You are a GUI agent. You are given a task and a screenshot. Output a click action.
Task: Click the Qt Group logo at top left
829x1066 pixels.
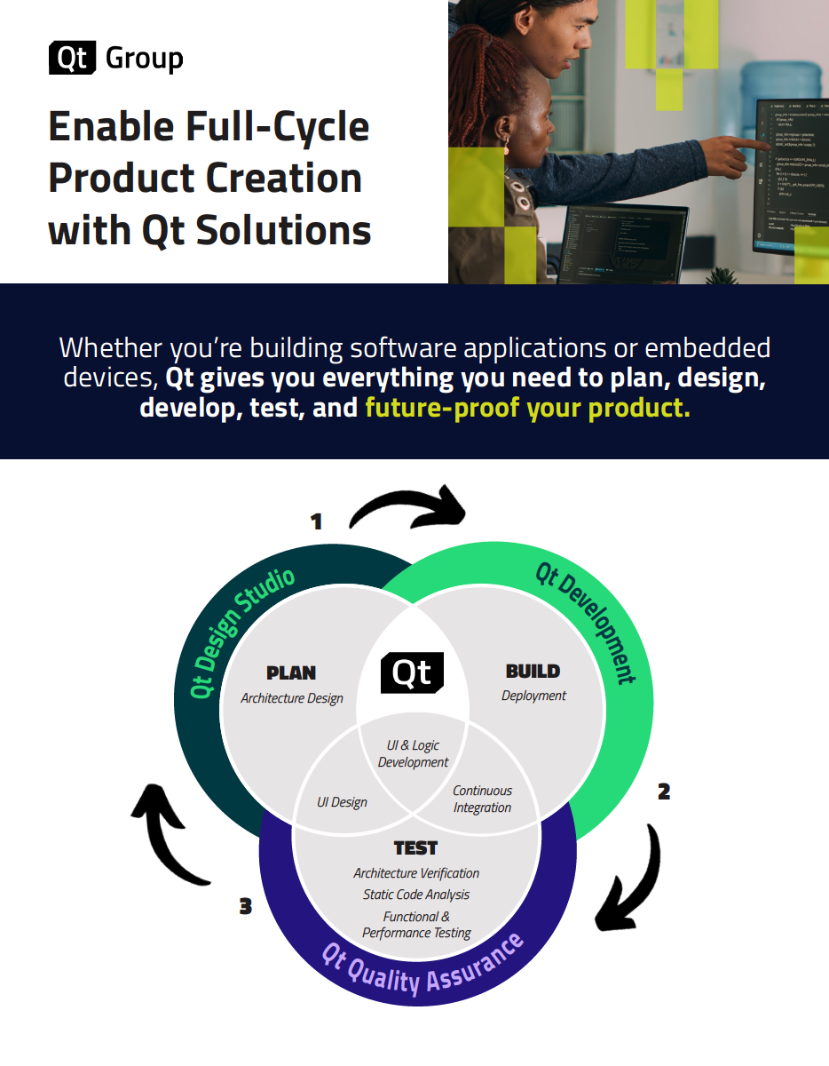click(115, 59)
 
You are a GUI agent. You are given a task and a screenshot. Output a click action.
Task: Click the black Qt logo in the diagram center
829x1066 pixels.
click(412, 673)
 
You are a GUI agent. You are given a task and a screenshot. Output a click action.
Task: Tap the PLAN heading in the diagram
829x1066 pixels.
click(291, 672)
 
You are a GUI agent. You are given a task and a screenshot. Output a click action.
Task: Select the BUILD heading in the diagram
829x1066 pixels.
click(533, 671)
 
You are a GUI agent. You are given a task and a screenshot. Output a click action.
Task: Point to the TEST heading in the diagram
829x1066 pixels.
click(415, 848)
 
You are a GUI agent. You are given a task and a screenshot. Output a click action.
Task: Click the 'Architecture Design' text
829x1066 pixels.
click(292, 698)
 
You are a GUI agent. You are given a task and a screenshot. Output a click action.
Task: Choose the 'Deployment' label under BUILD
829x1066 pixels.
click(533, 696)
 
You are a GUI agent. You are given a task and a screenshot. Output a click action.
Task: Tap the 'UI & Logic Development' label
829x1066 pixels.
click(413, 753)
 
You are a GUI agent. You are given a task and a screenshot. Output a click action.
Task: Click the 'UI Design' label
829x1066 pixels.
click(342, 802)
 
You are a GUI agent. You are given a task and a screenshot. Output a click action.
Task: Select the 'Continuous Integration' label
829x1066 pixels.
click(482, 799)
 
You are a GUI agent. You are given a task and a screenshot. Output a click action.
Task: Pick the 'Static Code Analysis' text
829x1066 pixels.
click(416, 895)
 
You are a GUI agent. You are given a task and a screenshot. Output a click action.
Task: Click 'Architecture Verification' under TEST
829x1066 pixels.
click(416, 873)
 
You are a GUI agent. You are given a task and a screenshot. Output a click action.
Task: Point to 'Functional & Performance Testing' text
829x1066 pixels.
click(416, 925)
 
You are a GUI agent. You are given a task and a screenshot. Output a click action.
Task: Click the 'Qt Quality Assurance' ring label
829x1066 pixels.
click(422, 967)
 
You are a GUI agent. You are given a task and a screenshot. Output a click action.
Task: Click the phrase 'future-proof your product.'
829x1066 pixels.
click(527, 410)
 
